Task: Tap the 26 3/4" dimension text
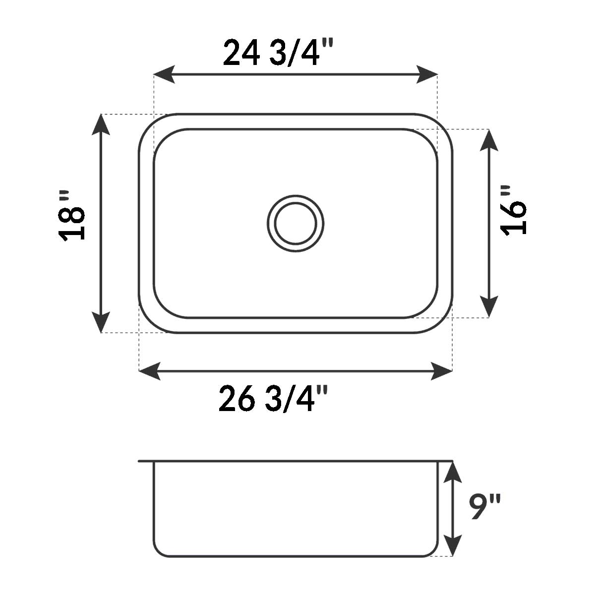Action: [x=273, y=399]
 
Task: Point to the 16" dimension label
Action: [x=514, y=210]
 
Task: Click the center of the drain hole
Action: [x=296, y=223]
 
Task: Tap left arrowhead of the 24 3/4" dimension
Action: [x=164, y=75]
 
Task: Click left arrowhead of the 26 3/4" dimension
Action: [x=149, y=371]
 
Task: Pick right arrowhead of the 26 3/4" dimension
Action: [x=442, y=371]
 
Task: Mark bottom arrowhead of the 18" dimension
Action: [x=101, y=323]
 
